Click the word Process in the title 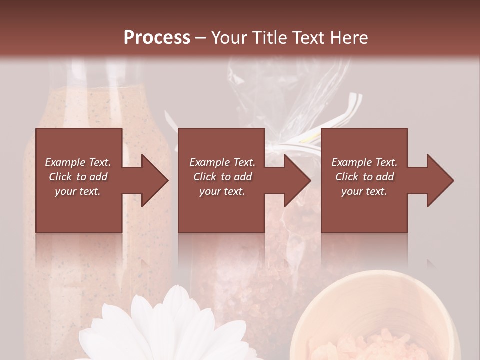[157, 37]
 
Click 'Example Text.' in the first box [78, 162]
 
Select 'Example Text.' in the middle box [222, 162]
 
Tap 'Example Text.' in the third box [364, 162]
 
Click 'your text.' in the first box [78, 191]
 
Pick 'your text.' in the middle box [222, 191]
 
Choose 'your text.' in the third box [364, 191]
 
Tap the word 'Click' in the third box [347, 177]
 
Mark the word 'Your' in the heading [229, 37]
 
